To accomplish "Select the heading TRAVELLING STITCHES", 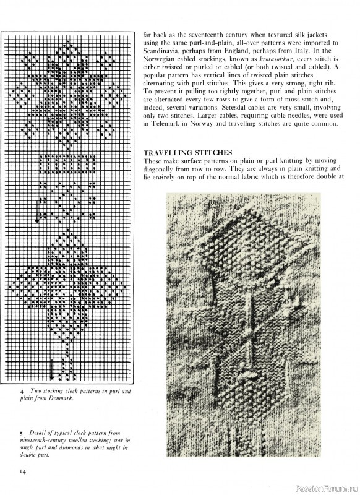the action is coord(187,152).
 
